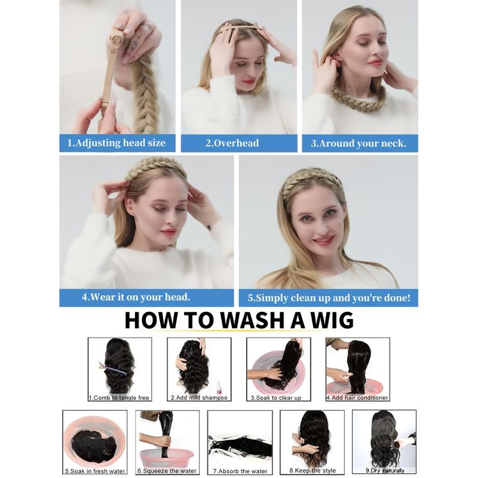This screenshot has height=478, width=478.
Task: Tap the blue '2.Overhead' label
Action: pos(232,143)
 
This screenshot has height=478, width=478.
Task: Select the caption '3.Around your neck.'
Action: pos(358,143)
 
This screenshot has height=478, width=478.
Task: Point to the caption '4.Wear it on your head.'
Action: pos(136,297)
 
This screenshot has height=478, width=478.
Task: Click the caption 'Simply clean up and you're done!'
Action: pos(333,298)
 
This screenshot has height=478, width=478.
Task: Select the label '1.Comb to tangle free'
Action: pos(119,397)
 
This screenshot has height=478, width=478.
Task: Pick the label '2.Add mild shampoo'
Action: pos(199,397)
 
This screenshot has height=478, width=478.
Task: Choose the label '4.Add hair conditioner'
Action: pos(357,397)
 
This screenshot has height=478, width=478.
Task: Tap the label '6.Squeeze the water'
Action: pos(167,471)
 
